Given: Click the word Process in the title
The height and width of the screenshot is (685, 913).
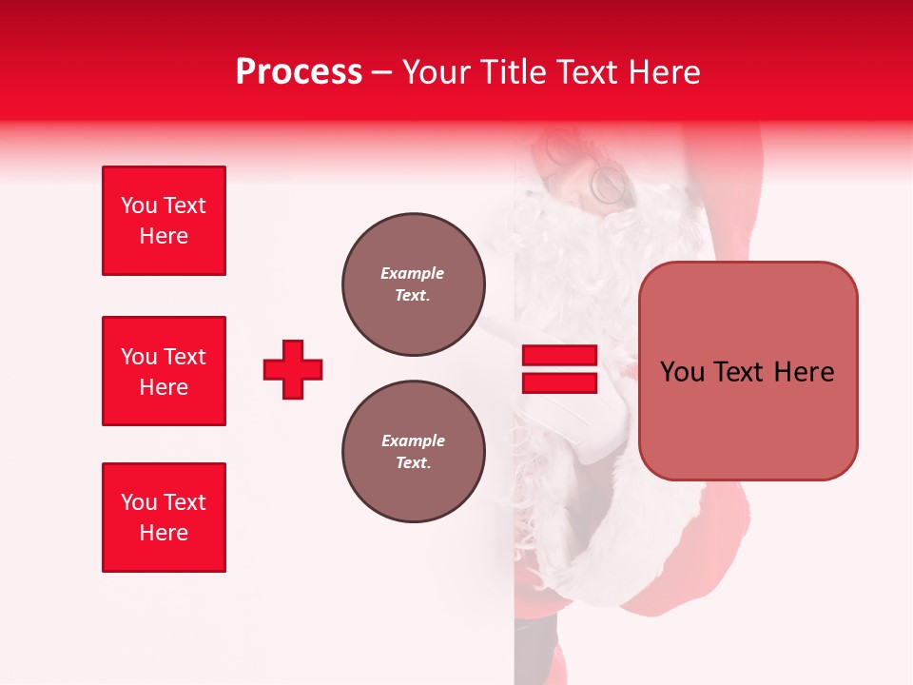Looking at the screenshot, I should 299,72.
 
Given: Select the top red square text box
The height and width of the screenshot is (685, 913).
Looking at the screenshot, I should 164,221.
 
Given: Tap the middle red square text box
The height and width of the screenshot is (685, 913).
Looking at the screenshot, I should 164,371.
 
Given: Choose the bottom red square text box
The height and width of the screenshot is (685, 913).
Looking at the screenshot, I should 164,518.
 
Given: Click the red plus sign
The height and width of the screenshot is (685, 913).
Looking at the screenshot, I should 293,369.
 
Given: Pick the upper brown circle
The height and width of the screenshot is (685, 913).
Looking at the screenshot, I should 413,284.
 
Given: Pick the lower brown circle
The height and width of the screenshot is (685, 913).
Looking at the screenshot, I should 413,451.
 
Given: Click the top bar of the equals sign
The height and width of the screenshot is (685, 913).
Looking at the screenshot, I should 559,356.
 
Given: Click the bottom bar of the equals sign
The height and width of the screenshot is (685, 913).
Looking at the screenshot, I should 559,383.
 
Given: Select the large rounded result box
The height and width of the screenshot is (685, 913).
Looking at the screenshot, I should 748,371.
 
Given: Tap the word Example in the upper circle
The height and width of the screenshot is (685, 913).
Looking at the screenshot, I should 412,273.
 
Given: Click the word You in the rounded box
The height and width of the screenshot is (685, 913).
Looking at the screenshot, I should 682,372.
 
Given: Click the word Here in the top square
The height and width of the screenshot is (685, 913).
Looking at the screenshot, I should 164,236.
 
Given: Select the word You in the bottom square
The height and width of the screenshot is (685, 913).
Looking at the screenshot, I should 139,502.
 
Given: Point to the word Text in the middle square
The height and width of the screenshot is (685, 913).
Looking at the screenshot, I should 185,357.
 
